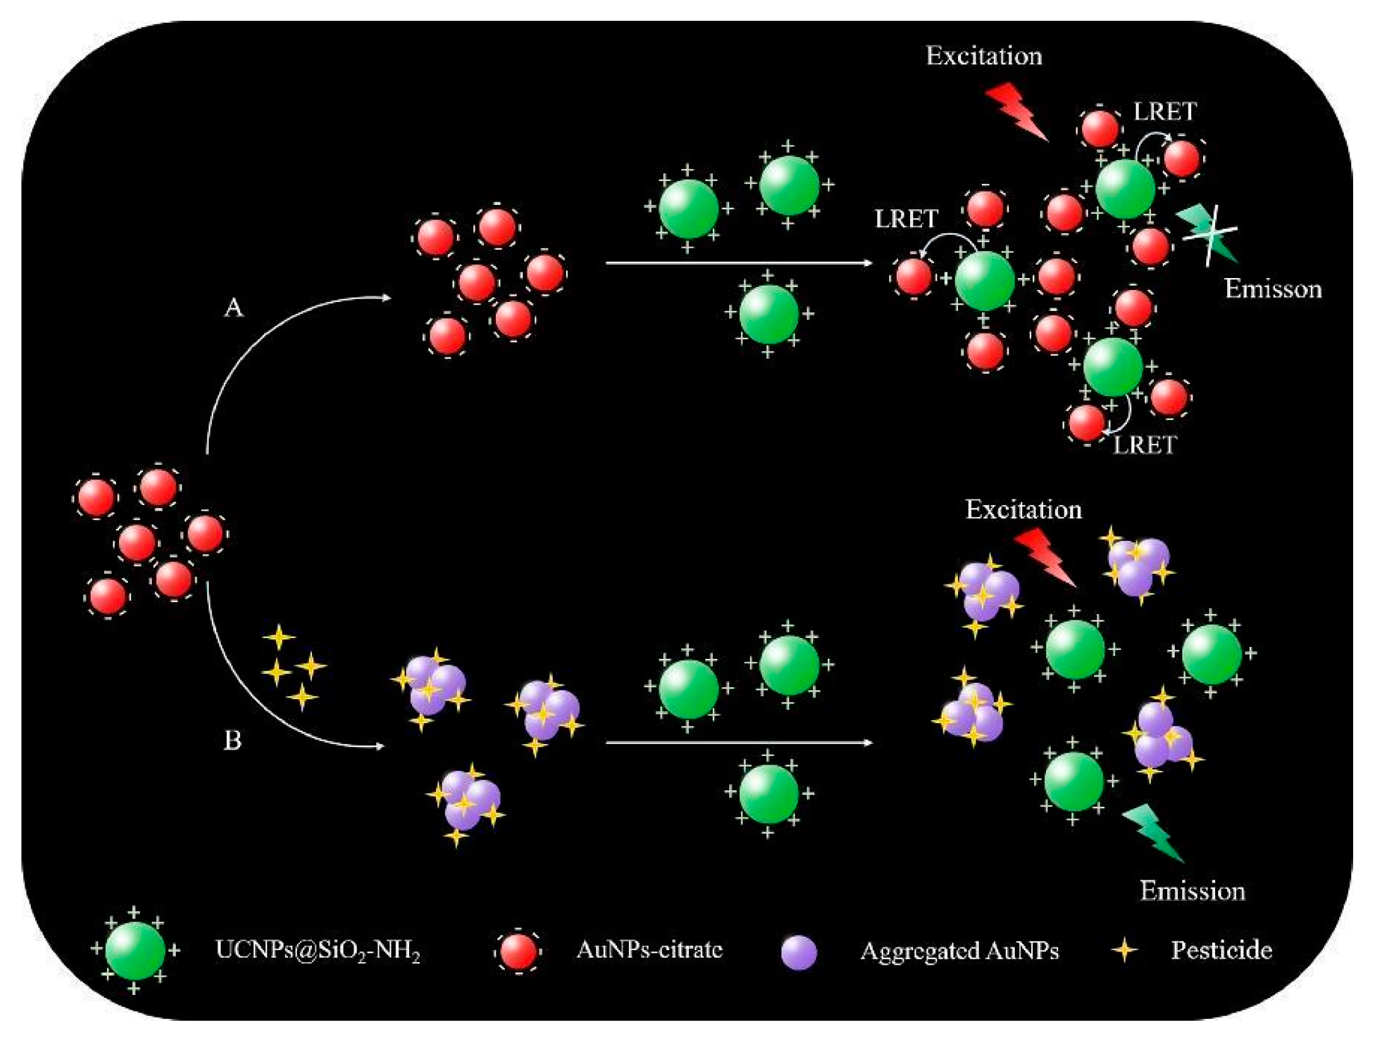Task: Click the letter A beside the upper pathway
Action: pyautogui.click(x=234, y=308)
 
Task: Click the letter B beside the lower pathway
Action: pyautogui.click(x=233, y=740)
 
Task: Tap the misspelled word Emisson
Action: pyautogui.click(x=1272, y=289)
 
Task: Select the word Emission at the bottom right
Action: pyautogui.click(x=1192, y=891)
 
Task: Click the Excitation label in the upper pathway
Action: pyautogui.click(x=984, y=56)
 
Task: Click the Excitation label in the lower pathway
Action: pyautogui.click(x=1024, y=509)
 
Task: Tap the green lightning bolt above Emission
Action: pyautogui.click(x=1153, y=832)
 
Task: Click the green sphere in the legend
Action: pyautogui.click(x=135, y=950)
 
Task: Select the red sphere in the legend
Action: pyautogui.click(x=518, y=950)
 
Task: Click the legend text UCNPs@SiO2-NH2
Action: pyautogui.click(x=318, y=950)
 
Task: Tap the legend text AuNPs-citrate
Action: pyautogui.click(x=649, y=949)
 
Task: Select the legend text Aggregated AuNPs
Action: pyautogui.click(x=959, y=950)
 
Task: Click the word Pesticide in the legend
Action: pyautogui.click(x=1221, y=949)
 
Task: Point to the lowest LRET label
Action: pyautogui.click(x=1144, y=445)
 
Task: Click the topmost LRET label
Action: pyautogui.click(x=1165, y=112)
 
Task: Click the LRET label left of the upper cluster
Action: pyautogui.click(x=906, y=219)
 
